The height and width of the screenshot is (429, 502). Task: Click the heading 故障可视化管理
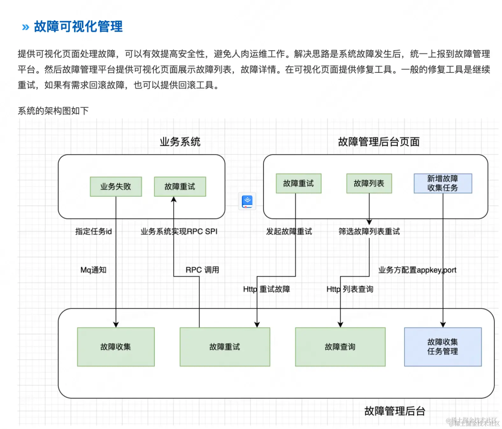click(x=78, y=26)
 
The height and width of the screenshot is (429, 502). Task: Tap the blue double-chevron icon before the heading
click(x=26, y=27)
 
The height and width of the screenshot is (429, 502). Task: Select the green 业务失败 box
click(x=116, y=187)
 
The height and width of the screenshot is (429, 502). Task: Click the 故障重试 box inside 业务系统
click(x=180, y=187)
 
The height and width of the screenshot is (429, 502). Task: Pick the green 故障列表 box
click(x=369, y=183)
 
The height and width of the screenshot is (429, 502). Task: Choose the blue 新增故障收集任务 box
click(x=443, y=183)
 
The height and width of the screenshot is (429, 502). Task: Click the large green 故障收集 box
click(x=116, y=347)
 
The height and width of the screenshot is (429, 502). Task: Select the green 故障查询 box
click(x=340, y=347)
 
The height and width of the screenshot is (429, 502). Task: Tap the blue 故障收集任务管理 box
click(x=443, y=347)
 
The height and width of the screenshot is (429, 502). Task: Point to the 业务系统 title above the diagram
click(x=180, y=142)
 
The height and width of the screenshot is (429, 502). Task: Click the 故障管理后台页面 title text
click(x=379, y=142)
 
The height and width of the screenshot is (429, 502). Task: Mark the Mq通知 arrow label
click(x=93, y=270)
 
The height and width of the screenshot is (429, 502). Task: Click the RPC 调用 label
click(x=202, y=270)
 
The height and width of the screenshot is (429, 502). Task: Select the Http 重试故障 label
click(x=266, y=289)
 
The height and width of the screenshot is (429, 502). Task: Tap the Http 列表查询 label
click(x=350, y=289)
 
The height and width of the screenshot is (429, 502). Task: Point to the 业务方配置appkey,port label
click(x=417, y=270)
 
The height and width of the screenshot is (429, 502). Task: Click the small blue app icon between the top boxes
click(x=247, y=201)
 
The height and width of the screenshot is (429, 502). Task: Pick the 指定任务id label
click(x=93, y=231)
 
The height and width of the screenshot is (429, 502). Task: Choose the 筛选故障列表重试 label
click(x=369, y=231)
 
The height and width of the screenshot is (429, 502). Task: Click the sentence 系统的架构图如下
click(x=53, y=110)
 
